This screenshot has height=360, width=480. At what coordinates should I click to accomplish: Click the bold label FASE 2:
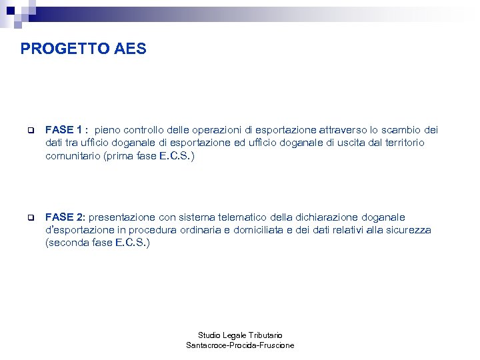[x=65, y=217]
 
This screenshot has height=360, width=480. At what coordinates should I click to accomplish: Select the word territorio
[x=401, y=143]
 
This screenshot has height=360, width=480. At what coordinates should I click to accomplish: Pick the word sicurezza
[x=407, y=230]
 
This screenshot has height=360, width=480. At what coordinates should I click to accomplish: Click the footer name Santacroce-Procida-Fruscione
[x=240, y=345]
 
